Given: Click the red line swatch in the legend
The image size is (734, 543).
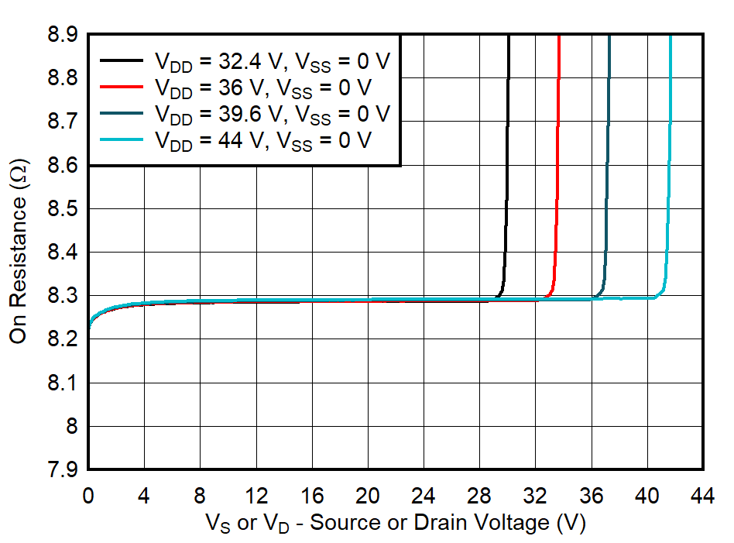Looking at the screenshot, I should [x=122, y=87].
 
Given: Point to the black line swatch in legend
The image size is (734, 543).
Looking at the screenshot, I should [x=122, y=60].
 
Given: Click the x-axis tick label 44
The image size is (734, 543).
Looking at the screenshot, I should [x=703, y=495].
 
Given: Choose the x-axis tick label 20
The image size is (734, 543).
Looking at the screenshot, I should [x=368, y=495].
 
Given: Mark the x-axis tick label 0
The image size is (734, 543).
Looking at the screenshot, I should [x=88, y=495].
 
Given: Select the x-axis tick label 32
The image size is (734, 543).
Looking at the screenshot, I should [x=536, y=495].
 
